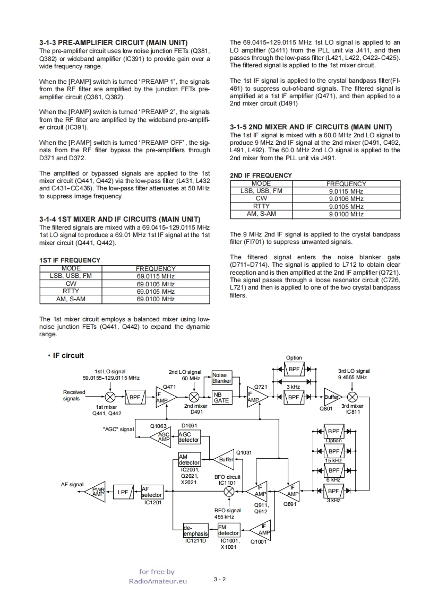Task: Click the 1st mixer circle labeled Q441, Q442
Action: pyautogui.click(x=110, y=397)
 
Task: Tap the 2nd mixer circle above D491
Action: pyautogui.click(x=194, y=397)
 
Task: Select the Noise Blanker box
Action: pyautogui.click(x=222, y=378)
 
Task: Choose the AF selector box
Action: pyautogui.click(x=152, y=492)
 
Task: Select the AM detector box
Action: pyautogui.click(x=190, y=459)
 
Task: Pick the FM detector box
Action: pyautogui.click(x=229, y=530)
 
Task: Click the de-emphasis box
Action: pyautogui.click(x=195, y=530)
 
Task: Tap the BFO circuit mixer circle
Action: pyautogui.click(x=229, y=492)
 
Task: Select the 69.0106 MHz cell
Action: pyautogui.click(x=156, y=284)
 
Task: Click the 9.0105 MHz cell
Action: pyautogui.click(x=346, y=206)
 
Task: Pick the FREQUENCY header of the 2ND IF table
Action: pyautogui.click(x=346, y=183)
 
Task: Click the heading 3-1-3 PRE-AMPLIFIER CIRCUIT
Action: pyautogui.click(x=113, y=42)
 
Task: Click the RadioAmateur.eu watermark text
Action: pyautogui.click(x=158, y=581)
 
